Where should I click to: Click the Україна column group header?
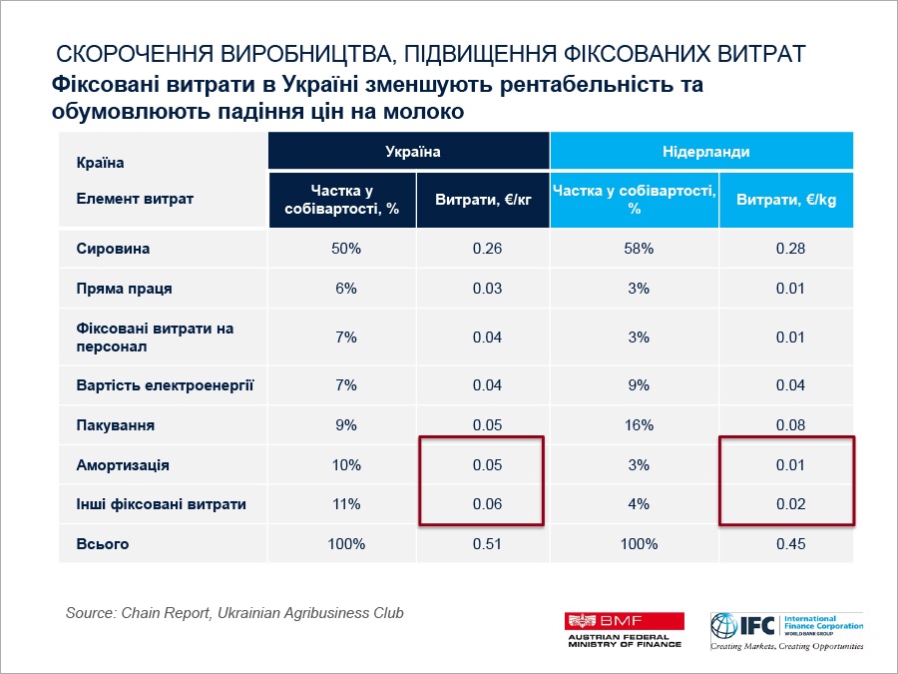tap(408, 152)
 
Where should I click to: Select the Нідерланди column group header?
tap(705, 152)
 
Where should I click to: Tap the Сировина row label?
tap(113, 249)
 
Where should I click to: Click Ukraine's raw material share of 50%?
tap(345, 249)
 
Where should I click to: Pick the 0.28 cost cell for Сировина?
tap(790, 249)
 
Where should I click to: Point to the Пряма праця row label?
tap(124, 289)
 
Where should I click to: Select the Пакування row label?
tap(115, 425)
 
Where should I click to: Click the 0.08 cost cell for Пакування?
tap(790, 425)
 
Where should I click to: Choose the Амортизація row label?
tap(123, 465)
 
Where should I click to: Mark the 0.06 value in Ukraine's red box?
tap(487, 504)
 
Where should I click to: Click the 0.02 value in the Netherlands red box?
tap(790, 504)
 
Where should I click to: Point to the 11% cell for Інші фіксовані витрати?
tap(345, 504)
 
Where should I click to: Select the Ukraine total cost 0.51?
tap(487, 544)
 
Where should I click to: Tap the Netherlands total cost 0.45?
tap(790, 544)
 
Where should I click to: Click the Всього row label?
tap(103, 544)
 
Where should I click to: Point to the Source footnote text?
tap(234, 612)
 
